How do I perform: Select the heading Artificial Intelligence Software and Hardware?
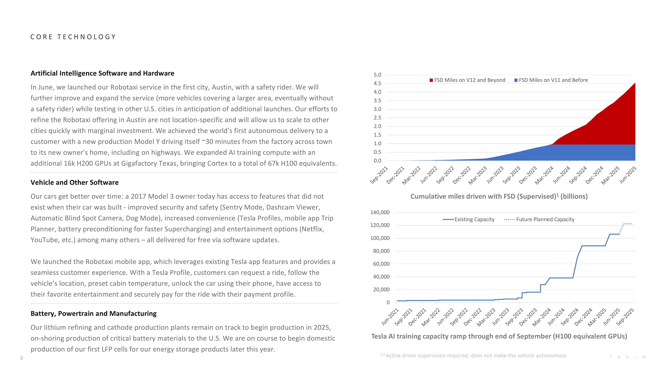(x=102, y=73)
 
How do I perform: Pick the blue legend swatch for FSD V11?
(x=516, y=80)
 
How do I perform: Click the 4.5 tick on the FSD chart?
(x=377, y=83)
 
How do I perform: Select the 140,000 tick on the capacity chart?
(x=380, y=212)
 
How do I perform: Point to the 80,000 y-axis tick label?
(x=381, y=251)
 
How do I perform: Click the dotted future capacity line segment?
(x=627, y=224)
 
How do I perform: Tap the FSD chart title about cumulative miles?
(x=499, y=196)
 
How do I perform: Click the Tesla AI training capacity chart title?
(x=499, y=336)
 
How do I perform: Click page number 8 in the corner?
(x=22, y=358)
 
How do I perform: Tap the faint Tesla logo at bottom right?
(x=627, y=357)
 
